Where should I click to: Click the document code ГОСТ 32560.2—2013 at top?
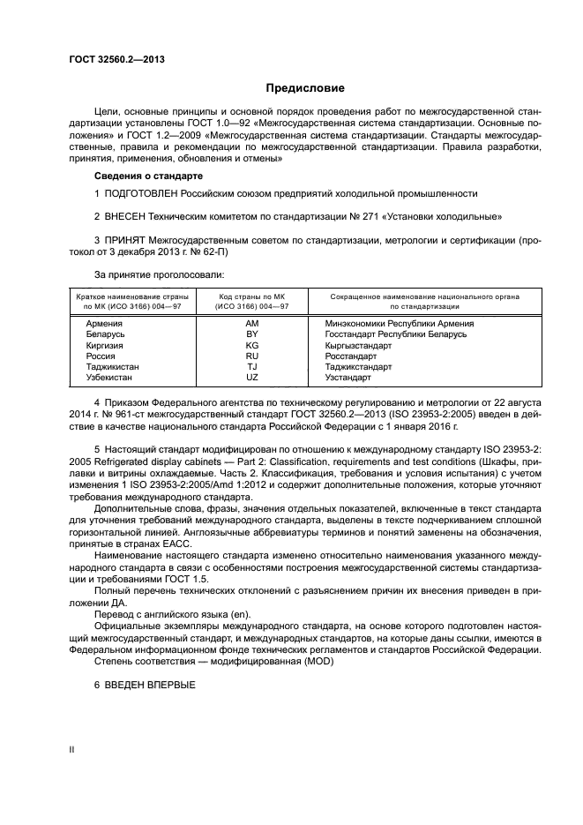tap(117, 59)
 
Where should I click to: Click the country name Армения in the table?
tap(104, 324)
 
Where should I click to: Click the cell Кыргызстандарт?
tap(358, 345)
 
